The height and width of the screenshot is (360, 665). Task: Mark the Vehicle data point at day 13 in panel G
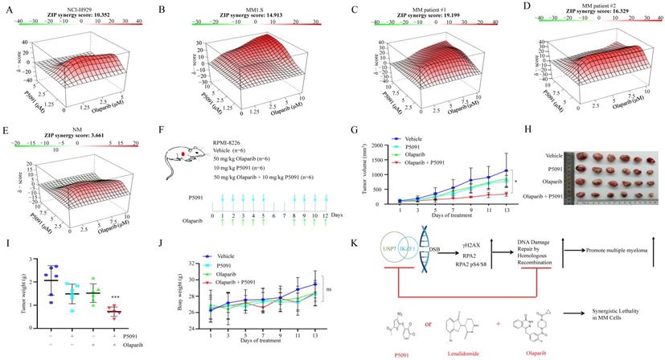503,170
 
